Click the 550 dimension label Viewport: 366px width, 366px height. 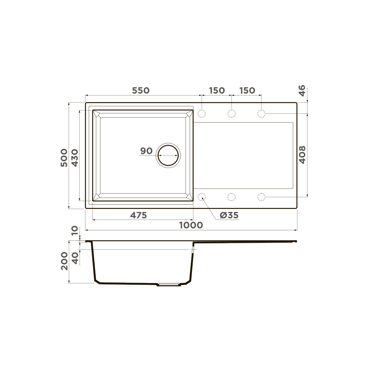click(141, 91)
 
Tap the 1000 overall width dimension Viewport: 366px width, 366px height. click(191, 225)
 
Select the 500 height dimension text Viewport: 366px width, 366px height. click(64, 157)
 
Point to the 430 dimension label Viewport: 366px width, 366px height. click(75, 157)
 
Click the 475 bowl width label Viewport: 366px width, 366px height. click(138, 215)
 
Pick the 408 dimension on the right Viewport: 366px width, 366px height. click(302, 155)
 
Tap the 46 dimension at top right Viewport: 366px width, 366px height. click(302, 91)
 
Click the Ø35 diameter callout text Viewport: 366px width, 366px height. click(229, 215)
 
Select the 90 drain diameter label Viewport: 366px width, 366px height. click(146, 151)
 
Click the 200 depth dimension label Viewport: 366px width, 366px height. click(64, 261)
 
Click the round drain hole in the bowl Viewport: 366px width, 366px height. click(168, 155)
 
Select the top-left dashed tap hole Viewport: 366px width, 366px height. click(202, 114)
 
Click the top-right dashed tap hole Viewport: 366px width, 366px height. click(261, 114)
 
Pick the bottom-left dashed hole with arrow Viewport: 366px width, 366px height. click(202, 197)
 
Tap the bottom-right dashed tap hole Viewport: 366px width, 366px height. click(261, 197)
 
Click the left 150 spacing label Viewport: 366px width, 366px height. click(217, 91)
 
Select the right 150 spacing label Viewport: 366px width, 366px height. click(247, 91)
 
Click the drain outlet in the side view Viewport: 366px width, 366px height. click(168, 285)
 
